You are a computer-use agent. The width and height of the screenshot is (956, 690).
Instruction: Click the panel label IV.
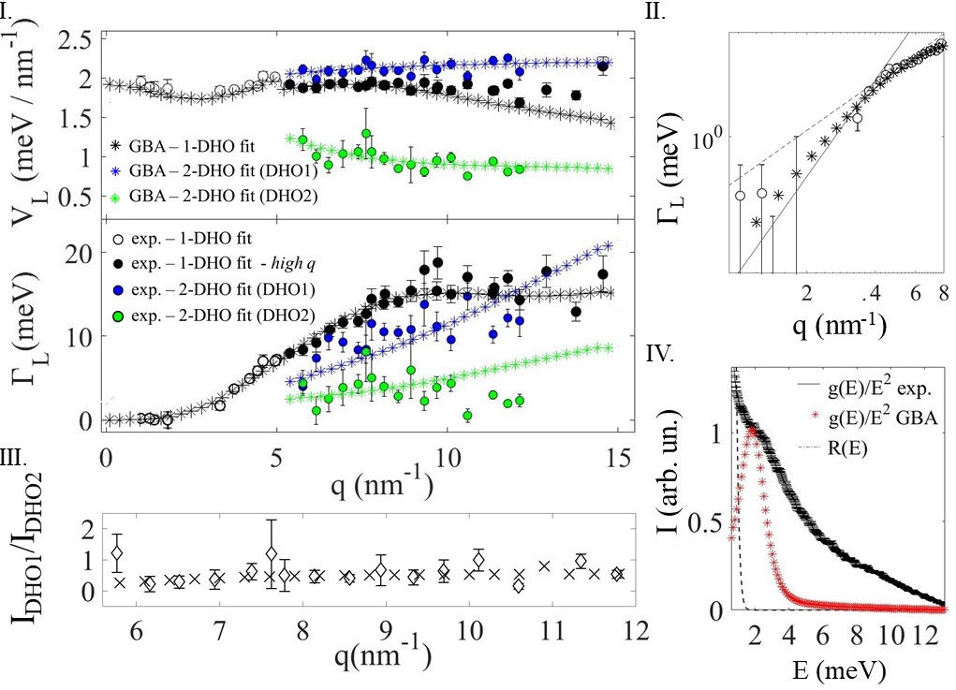(x=660, y=353)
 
